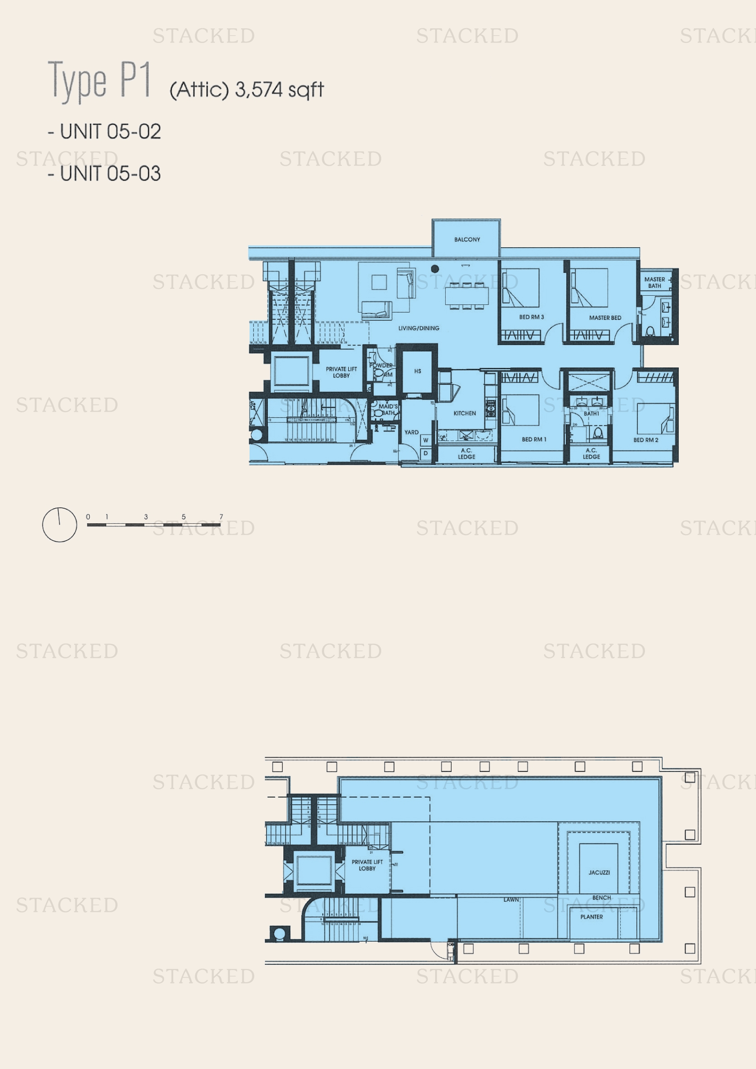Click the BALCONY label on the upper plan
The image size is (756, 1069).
(467, 239)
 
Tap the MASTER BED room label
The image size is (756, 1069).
(605, 318)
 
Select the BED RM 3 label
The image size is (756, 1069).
(531, 317)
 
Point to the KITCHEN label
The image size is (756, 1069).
(464, 413)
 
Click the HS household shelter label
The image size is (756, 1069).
(418, 371)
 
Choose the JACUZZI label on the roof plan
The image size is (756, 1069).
(599, 872)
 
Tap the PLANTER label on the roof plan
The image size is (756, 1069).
(591, 917)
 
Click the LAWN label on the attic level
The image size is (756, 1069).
(511, 900)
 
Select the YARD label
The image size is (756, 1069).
(411, 432)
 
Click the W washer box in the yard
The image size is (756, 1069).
(426, 440)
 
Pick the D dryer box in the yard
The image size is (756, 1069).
(426, 453)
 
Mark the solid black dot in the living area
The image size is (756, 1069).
(435, 269)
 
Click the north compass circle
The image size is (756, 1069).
(59, 525)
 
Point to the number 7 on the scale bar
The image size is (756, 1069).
(221, 517)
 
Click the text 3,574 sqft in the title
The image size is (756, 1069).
(279, 90)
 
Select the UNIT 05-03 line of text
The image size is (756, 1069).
(105, 174)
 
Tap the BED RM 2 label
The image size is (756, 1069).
(645, 440)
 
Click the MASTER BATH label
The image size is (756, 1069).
(654, 282)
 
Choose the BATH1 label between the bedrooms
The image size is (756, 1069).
(591, 414)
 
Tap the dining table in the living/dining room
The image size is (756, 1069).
(467, 295)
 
